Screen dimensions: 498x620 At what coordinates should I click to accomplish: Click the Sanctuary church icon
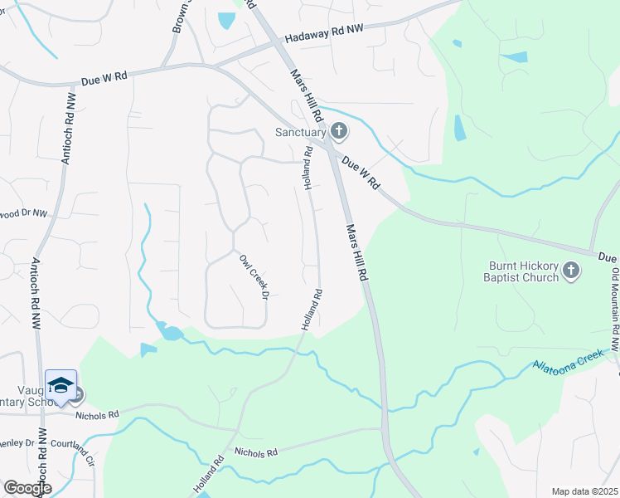(x=338, y=130)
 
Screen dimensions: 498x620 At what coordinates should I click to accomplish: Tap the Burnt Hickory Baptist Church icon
(x=570, y=270)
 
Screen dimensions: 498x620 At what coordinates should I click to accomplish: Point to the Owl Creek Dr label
(x=254, y=276)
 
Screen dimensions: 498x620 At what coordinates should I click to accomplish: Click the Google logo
(x=27, y=488)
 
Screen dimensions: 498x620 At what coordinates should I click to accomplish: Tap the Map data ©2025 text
(x=584, y=491)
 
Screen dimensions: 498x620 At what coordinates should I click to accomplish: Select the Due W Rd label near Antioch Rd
(x=104, y=80)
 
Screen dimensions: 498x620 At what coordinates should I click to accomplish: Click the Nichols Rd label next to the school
(x=97, y=413)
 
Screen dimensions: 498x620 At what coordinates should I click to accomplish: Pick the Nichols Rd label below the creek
(x=254, y=452)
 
